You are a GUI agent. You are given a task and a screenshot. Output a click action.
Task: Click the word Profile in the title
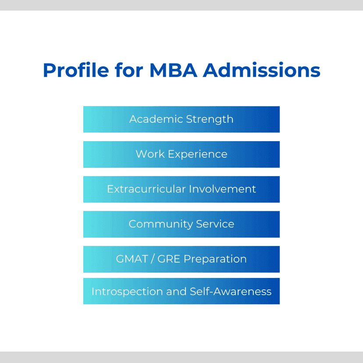click(76, 70)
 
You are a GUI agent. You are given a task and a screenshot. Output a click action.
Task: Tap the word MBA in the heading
click(174, 70)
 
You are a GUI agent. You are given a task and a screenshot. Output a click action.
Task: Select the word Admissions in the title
click(262, 70)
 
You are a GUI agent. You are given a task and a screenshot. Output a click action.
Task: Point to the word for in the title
click(129, 70)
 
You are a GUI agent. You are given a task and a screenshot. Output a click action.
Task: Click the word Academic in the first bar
click(156, 119)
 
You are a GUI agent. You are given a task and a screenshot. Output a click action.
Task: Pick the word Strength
click(210, 119)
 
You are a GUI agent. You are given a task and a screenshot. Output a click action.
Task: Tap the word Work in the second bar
click(150, 154)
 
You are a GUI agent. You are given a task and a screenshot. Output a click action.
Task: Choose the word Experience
click(198, 154)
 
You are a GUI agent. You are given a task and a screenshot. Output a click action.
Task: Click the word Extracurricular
click(146, 189)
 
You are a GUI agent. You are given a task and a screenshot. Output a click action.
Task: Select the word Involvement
click(222, 189)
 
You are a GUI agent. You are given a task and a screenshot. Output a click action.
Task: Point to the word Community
click(160, 224)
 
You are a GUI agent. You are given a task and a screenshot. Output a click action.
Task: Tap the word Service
click(215, 224)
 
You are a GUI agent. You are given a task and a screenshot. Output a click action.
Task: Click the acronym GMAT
click(132, 259)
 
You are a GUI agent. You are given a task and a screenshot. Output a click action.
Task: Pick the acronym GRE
click(169, 259)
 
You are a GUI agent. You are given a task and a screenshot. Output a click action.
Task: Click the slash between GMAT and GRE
click(153, 259)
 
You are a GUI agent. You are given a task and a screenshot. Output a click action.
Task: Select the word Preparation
click(215, 259)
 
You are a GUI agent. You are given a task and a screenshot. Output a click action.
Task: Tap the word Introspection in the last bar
click(127, 292)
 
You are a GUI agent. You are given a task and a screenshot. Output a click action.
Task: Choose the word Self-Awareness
click(231, 291)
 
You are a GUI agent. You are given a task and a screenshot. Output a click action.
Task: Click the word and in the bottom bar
click(176, 291)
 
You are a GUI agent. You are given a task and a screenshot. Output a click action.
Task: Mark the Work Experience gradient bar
click(181, 154)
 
